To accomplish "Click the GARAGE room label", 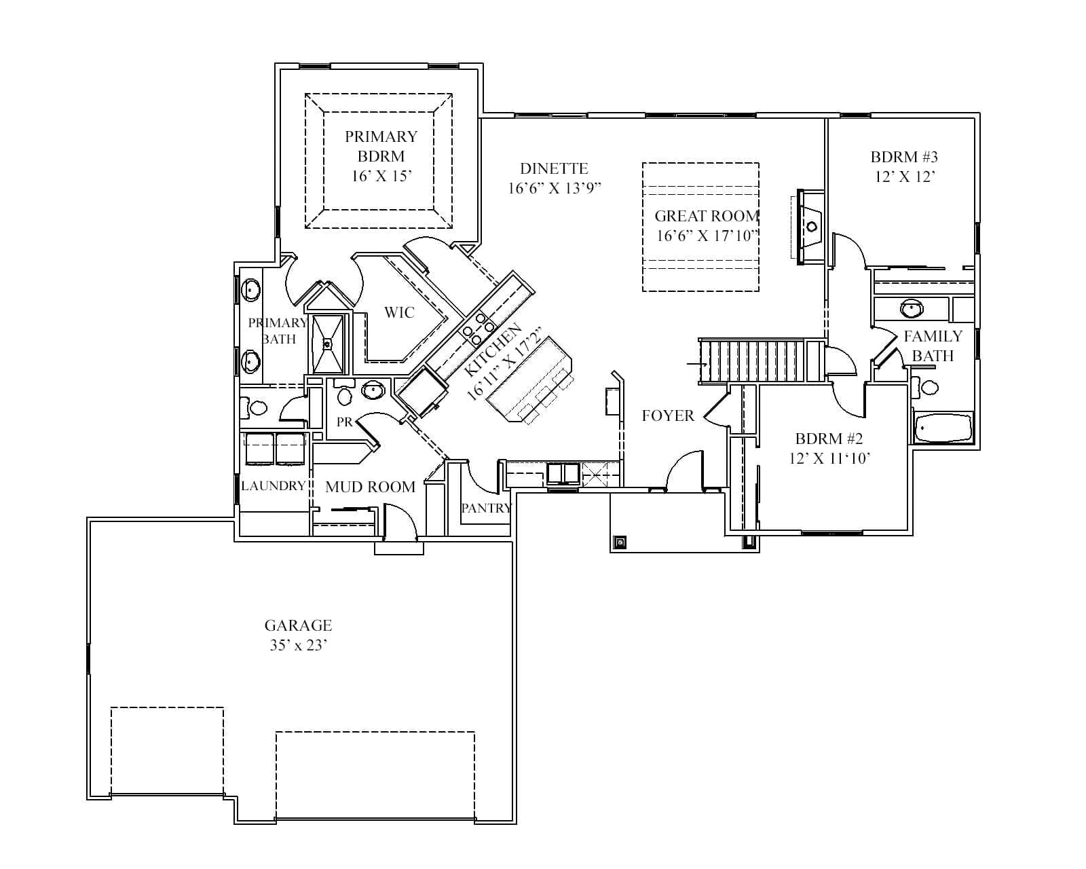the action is pos(298,626).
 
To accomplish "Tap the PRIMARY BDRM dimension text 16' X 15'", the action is pos(381,177).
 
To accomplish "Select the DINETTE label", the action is pos(554,168).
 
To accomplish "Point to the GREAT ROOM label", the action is pos(707,216).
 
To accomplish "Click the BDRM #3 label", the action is pos(904,157).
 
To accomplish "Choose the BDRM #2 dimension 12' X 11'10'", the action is pos(829,458).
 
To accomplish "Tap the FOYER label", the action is pos(668,415).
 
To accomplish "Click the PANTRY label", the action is pos(487,508).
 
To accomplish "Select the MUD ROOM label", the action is pos(371,487).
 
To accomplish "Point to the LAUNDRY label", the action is pos(274,485).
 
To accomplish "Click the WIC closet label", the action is pos(399,312).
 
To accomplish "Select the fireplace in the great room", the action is pos(810,227).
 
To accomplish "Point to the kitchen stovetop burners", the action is pos(477,329).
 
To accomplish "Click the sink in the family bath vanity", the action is pos(912,308).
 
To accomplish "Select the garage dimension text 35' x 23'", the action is pos(299,646).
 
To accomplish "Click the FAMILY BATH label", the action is pos(933,346).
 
